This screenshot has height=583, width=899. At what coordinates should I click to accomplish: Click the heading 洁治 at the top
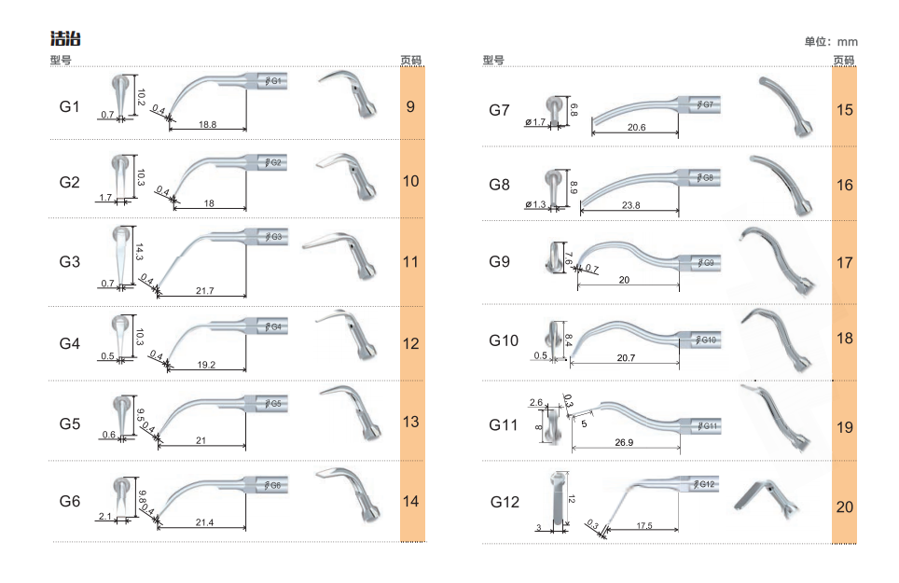pyautogui.click(x=65, y=39)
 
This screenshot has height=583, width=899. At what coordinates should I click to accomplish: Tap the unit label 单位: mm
pyautogui.click(x=831, y=41)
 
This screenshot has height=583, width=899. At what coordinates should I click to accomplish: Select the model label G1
pyautogui.click(x=69, y=106)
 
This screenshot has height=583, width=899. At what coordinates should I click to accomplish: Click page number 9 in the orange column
pyautogui.click(x=410, y=106)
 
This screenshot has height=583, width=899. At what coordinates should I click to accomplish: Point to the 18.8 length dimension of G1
pyautogui.click(x=208, y=124)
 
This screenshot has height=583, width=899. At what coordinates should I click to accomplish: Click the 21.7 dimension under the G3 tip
pyautogui.click(x=204, y=291)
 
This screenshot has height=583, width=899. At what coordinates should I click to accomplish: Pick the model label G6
pyautogui.click(x=69, y=502)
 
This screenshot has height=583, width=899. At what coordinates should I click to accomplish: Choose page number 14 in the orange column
pyautogui.click(x=410, y=502)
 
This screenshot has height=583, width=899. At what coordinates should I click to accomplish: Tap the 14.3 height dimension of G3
pyautogui.click(x=139, y=252)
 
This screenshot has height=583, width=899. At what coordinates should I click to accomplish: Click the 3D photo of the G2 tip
pyautogui.click(x=346, y=175)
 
